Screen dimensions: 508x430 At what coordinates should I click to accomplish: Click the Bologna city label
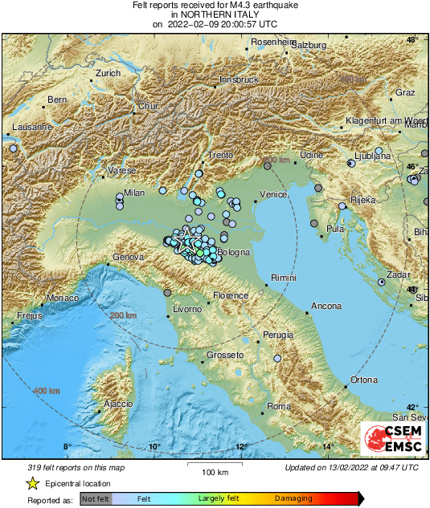pos(234,253)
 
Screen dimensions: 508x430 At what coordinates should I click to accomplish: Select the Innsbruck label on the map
pos(239,80)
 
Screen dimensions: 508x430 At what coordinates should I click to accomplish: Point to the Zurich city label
pos(108,73)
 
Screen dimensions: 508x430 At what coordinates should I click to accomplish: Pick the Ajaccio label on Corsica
pos(117,404)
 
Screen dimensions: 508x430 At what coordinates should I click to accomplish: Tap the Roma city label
pos(278,407)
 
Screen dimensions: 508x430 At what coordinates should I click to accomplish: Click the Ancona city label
pos(326,306)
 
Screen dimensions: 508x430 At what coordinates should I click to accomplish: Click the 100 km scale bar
pos(215,465)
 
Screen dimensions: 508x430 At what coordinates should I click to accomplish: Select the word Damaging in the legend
pos(293,498)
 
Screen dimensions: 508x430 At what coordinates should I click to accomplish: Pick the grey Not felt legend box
pos(96,498)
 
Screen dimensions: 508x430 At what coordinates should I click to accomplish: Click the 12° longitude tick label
pos(240,446)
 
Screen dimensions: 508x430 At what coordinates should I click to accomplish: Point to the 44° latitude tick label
pos(412,290)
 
